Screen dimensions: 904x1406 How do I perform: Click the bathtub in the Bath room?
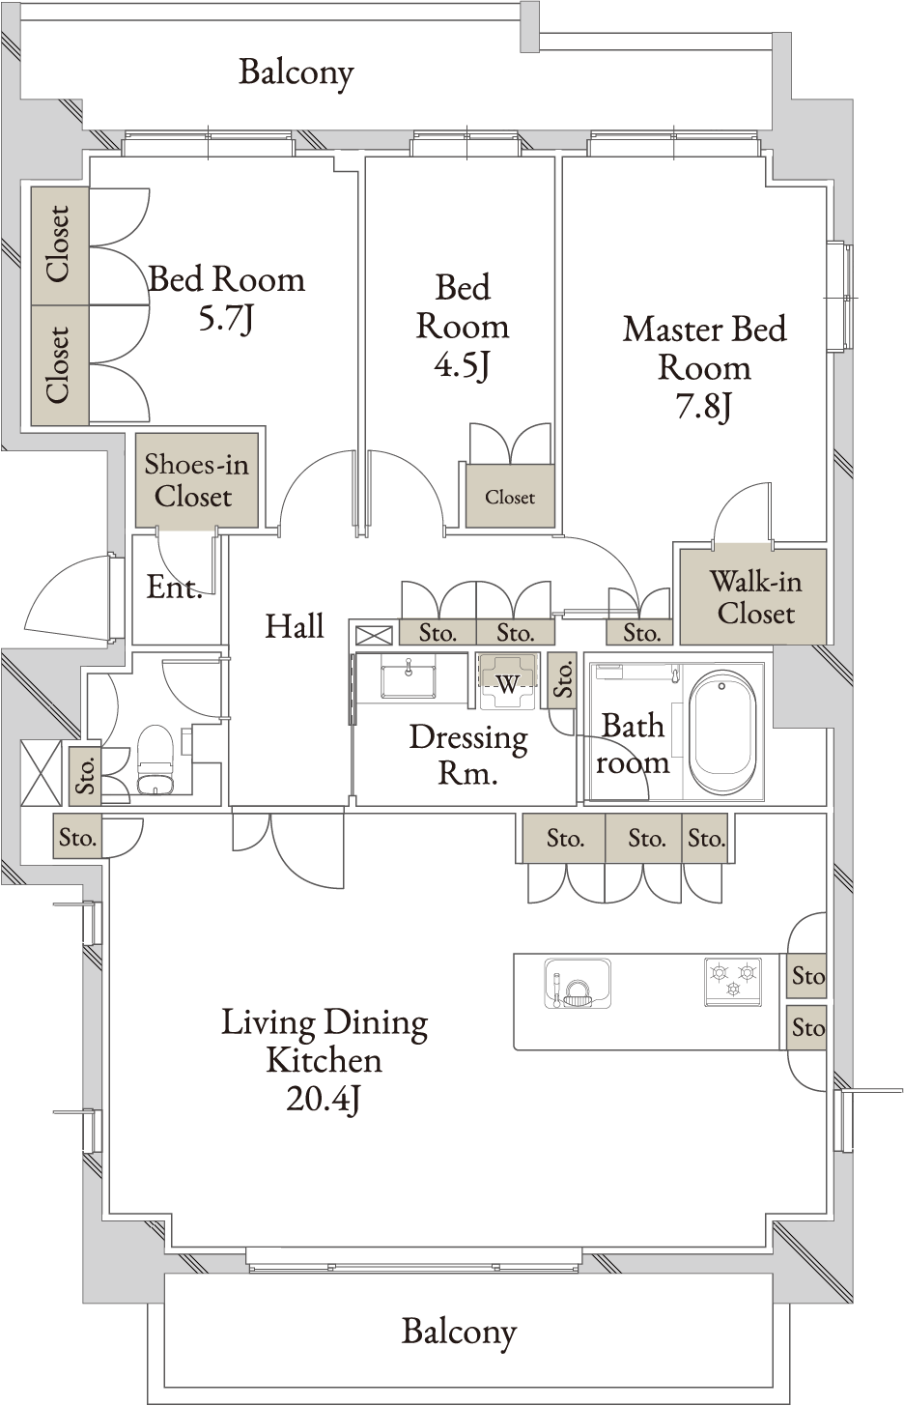[x=720, y=732]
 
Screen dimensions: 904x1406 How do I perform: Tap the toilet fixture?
[x=155, y=760]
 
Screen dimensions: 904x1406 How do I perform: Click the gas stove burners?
[x=733, y=981]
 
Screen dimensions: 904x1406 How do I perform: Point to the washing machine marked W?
[x=508, y=681]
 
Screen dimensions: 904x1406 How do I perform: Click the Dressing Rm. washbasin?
[x=409, y=679]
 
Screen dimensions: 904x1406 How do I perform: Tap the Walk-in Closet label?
[x=755, y=597]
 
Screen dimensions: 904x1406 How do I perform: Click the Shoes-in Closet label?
[x=196, y=480]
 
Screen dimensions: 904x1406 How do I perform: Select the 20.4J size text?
[x=324, y=1099]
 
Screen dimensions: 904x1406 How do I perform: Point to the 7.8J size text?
[x=704, y=408]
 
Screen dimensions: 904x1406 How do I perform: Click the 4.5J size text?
[x=462, y=366]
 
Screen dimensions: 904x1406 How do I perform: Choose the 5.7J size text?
[x=226, y=320]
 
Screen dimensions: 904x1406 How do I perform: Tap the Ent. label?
[x=174, y=588]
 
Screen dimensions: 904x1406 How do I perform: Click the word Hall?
[x=295, y=626]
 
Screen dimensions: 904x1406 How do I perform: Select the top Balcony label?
[x=297, y=73]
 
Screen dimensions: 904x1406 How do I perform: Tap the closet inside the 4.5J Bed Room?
[x=510, y=496]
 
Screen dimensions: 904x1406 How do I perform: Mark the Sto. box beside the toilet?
[x=85, y=776]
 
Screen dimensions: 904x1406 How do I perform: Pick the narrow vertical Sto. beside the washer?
[x=562, y=680]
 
